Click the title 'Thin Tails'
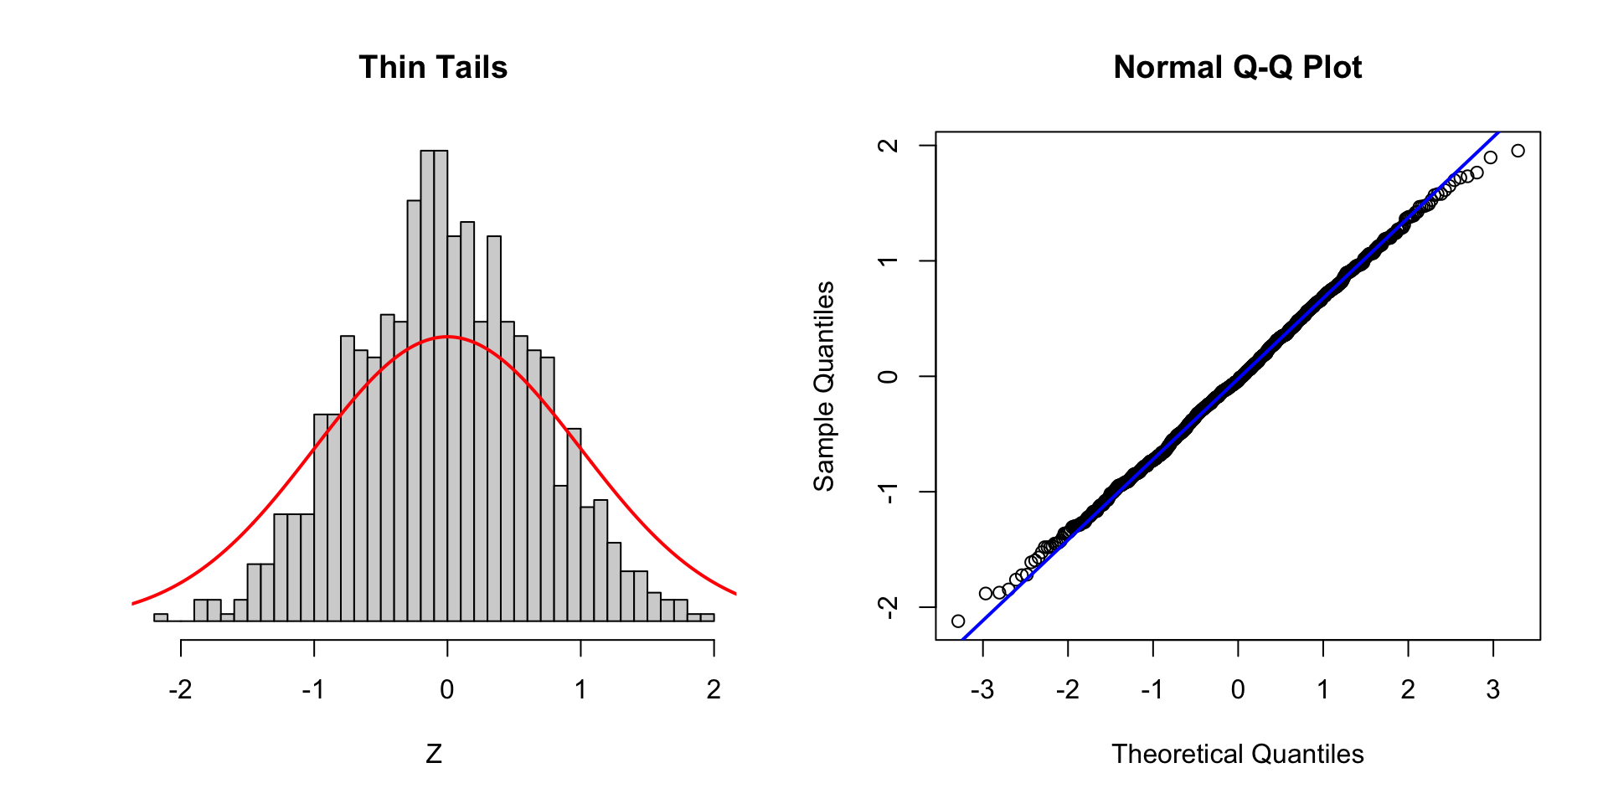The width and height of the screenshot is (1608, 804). (x=433, y=67)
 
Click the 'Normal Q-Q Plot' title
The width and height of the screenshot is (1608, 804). (x=1237, y=67)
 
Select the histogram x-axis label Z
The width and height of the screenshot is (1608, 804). (x=433, y=754)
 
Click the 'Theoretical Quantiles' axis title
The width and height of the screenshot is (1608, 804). (x=1237, y=754)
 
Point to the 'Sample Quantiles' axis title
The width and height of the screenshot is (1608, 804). (x=824, y=386)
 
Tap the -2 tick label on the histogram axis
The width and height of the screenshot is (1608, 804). (x=180, y=689)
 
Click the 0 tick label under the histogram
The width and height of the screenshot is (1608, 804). (x=447, y=689)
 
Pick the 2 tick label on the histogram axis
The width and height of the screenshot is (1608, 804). (x=714, y=689)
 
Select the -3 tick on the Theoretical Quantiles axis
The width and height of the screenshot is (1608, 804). (x=982, y=689)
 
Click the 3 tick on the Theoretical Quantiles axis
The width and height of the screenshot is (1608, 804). (x=1493, y=689)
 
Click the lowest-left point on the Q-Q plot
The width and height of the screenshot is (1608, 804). (x=958, y=621)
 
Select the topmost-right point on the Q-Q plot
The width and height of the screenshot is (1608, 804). (x=1518, y=151)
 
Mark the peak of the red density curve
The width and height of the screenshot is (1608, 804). (x=447, y=337)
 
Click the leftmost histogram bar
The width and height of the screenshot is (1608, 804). (x=161, y=617)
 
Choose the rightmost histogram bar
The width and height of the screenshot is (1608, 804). (x=707, y=617)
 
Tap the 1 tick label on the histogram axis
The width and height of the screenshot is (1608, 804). (x=580, y=689)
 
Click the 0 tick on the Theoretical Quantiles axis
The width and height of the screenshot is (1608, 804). (x=1238, y=689)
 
